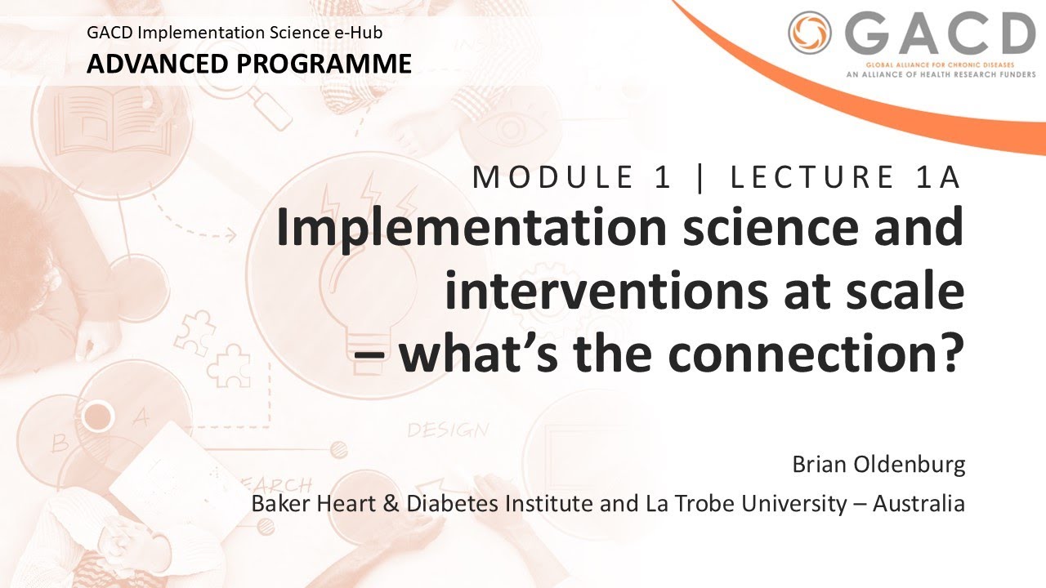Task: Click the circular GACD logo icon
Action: coord(808,34)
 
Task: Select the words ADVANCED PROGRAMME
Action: coord(249,63)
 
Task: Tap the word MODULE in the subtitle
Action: coord(552,177)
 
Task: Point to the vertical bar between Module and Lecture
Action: coord(700,177)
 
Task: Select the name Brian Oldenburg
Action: coord(878,465)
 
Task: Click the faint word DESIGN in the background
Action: coord(448,430)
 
